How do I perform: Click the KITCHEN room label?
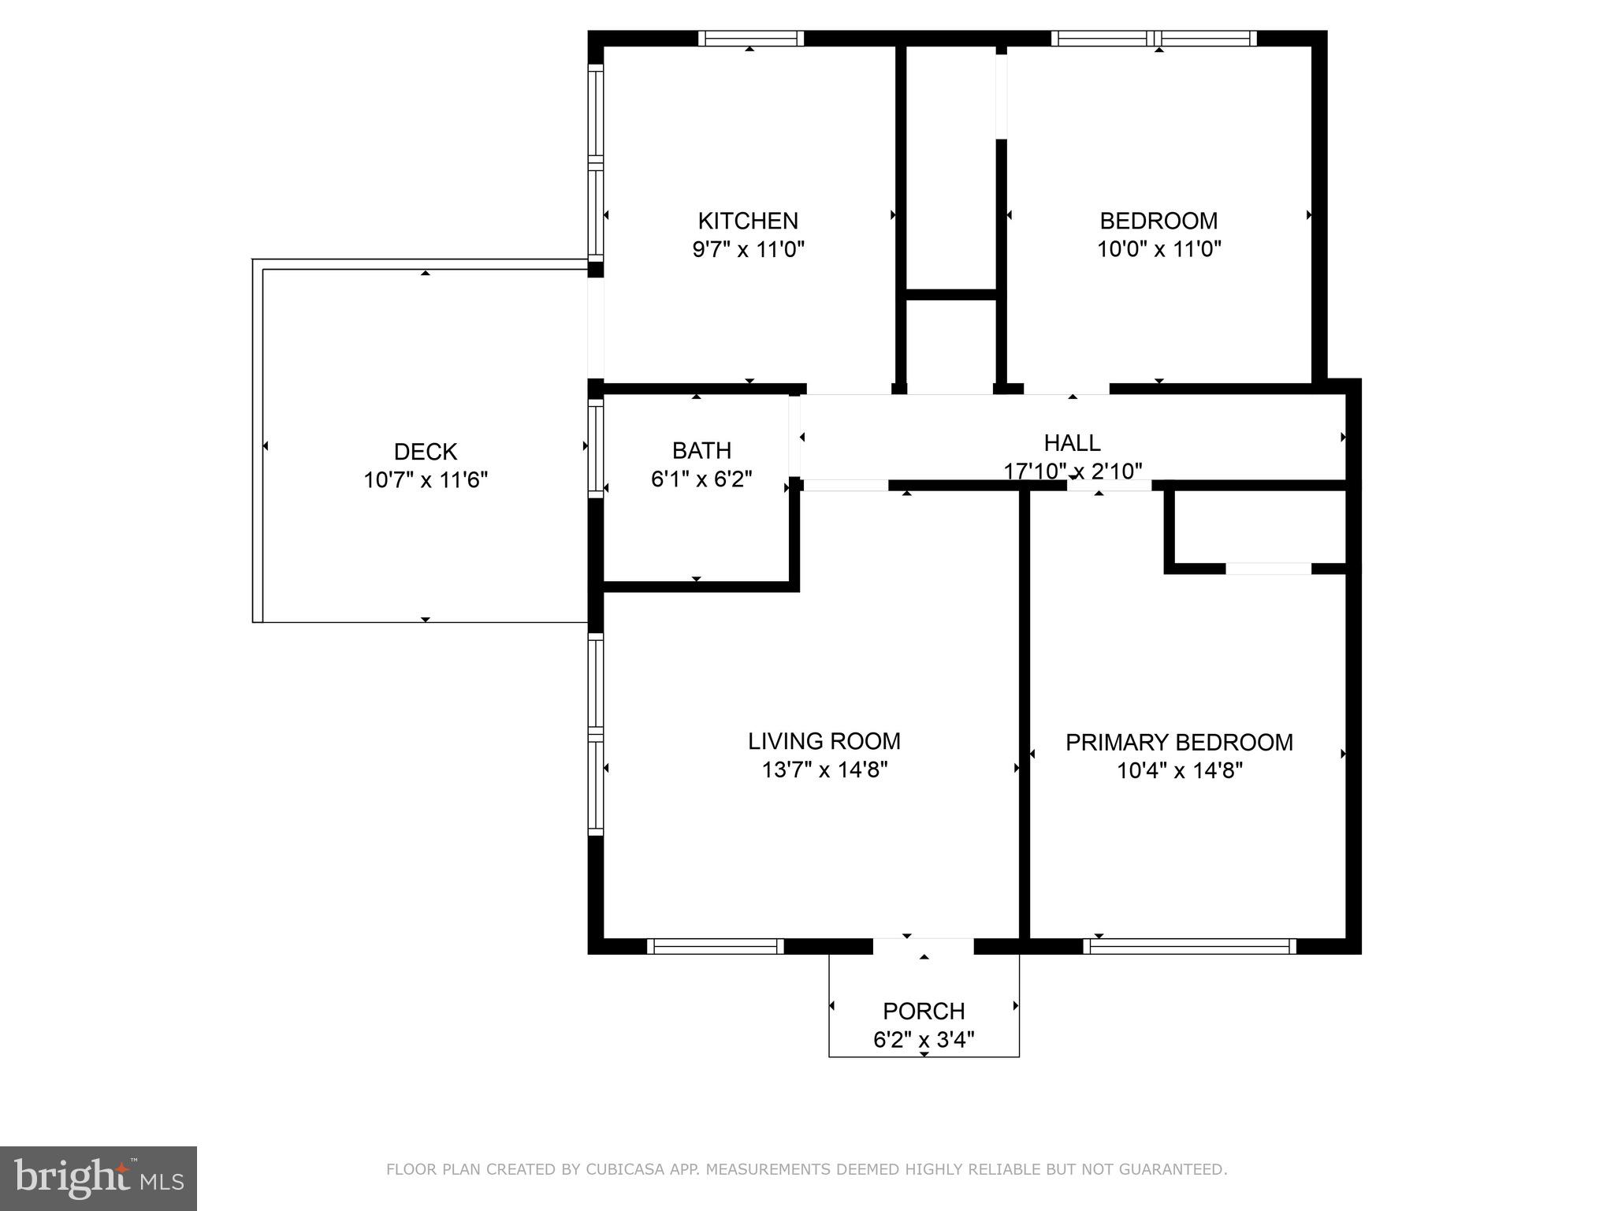[x=748, y=221]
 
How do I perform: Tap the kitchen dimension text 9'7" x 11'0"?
[x=748, y=250]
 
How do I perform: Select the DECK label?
[x=426, y=452]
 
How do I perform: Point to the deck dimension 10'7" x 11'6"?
[x=426, y=480]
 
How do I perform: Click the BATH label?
[x=701, y=450]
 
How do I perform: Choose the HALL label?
[x=1072, y=442]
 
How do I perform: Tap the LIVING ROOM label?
[x=824, y=741]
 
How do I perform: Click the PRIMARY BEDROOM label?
[x=1179, y=743]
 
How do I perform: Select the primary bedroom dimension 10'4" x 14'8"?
[x=1179, y=770]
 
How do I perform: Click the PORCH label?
[x=924, y=1011]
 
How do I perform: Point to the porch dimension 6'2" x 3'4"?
[x=924, y=1039]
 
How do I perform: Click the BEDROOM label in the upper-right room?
[x=1158, y=221]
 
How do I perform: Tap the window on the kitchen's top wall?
[x=750, y=39]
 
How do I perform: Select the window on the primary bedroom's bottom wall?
[x=1189, y=946]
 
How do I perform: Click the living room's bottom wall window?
[x=716, y=946]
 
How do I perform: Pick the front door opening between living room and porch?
[x=924, y=946]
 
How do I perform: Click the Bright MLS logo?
[x=99, y=1179]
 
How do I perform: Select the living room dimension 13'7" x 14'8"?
[x=824, y=769]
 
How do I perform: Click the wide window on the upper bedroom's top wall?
[x=1154, y=39]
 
